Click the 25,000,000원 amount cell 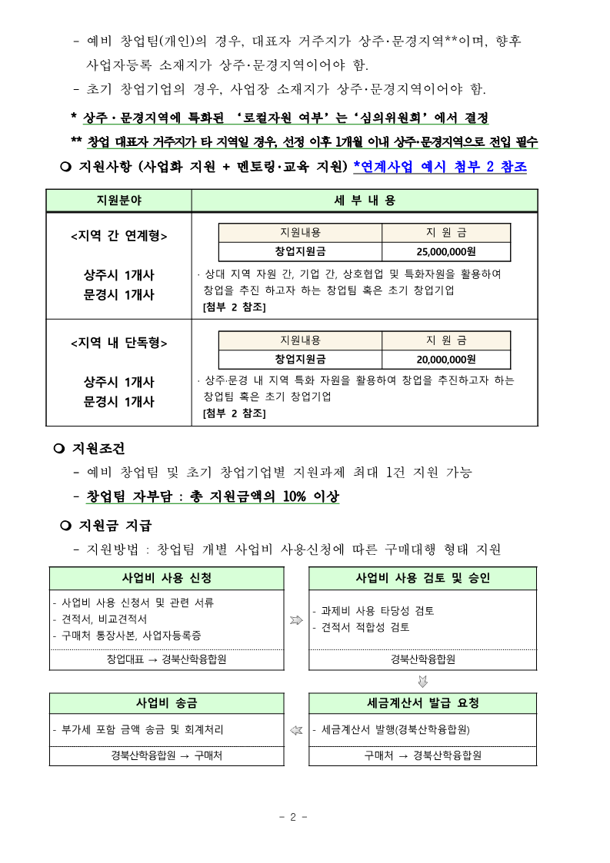pyautogui.click(x=446, y=251)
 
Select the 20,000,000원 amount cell pyautogui.click(x=446, y=359)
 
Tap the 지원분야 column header pyautogui.click(x=118, y=201)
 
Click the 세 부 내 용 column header pyautogui.click(x=365, y=201)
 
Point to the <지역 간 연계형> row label pyautogui.click(x=118, y=236)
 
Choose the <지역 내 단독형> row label pyautogui.click(x=118, y=343)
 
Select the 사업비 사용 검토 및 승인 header pyautogui.click(x=422, y=578)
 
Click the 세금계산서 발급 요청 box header pyautogui.click(x=422, y=703)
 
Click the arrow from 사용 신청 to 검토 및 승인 pyautogui.click(x=296, y=619)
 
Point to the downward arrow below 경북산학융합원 pyautogui.click(x=422, y=681)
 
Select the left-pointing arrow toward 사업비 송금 pyautogui.click(x=296, y=730)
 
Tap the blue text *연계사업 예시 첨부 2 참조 pyautogui.click(x=440, y=166)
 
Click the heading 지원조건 pyautogui.click(x=98, y=448)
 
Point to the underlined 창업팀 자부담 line pyautogui.click(x=212, y=496)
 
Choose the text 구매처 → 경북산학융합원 pyautogui.click(x=422, y=755)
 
